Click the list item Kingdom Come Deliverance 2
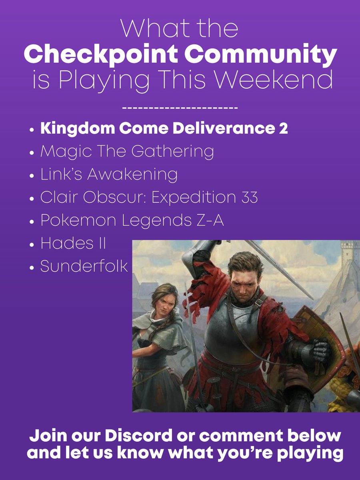click(164, 130)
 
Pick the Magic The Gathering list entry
click(127, 152)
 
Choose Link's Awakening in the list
click(109, 175)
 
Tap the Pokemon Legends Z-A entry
click(132, 220)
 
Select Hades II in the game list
click(73, 244)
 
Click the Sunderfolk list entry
click(84, 266)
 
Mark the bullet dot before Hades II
click(32, 244)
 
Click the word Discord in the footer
click(137, 436)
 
